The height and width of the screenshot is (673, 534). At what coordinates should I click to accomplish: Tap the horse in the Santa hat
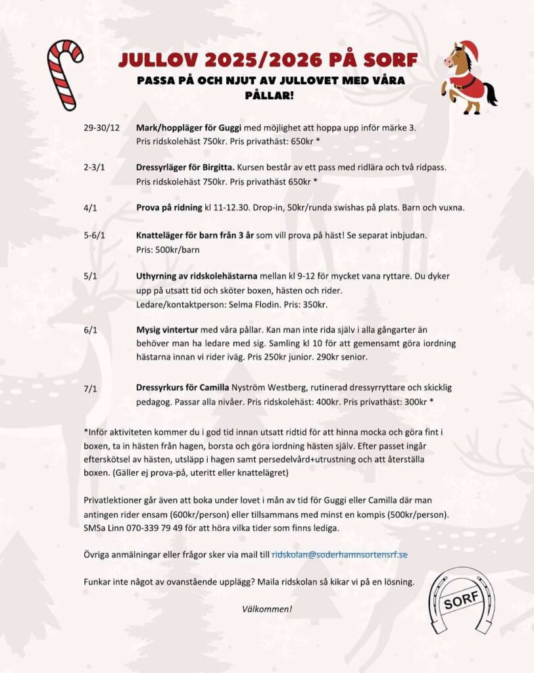click(468, 77)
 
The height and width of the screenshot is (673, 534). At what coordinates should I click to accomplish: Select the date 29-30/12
click(101, 127)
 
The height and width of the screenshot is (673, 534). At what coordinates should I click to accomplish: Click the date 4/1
click(91, 208)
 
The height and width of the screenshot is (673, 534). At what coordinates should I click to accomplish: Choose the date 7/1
click(91, 389)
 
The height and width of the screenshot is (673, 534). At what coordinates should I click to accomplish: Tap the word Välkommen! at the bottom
click(267, 609)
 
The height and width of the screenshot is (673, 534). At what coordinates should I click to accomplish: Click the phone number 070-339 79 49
click(148, 528)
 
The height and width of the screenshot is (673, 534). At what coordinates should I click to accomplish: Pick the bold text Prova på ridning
click(169, 208)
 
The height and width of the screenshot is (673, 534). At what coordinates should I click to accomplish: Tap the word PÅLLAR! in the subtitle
click(268, 95)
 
